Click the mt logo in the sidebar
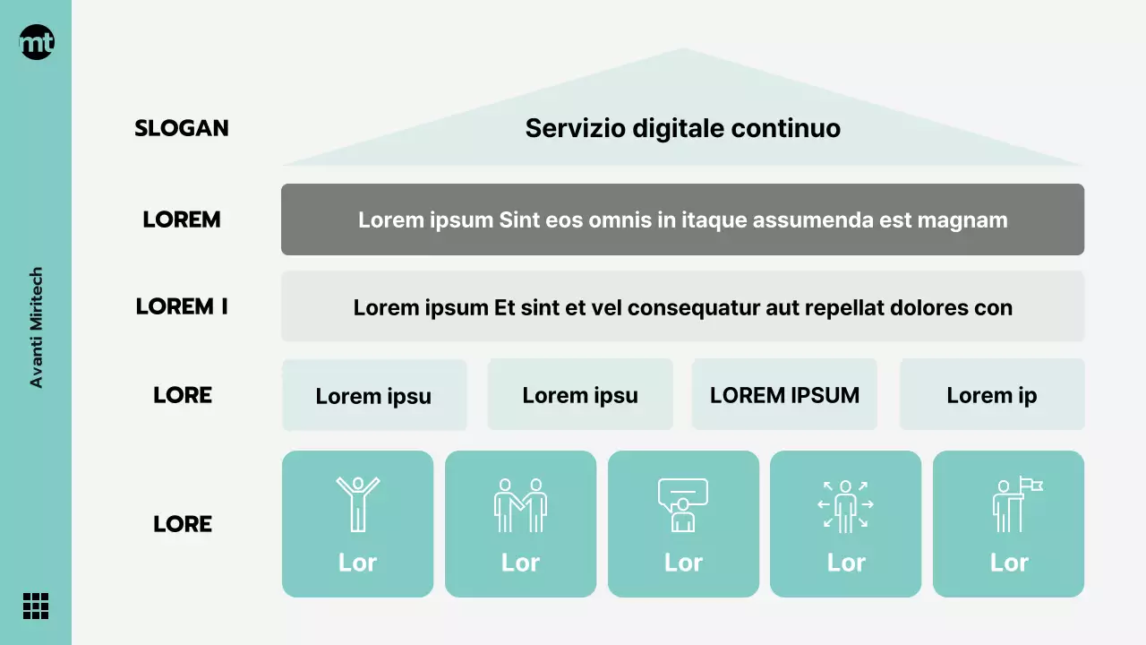37,42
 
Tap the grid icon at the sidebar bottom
36,606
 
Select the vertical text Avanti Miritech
37,328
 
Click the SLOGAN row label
182,128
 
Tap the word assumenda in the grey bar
797,219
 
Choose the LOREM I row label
182,306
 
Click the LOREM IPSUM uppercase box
784,395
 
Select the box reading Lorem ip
992,395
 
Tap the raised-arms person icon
357,504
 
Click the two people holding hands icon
520,504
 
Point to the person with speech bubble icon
682,504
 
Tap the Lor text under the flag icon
1009,563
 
